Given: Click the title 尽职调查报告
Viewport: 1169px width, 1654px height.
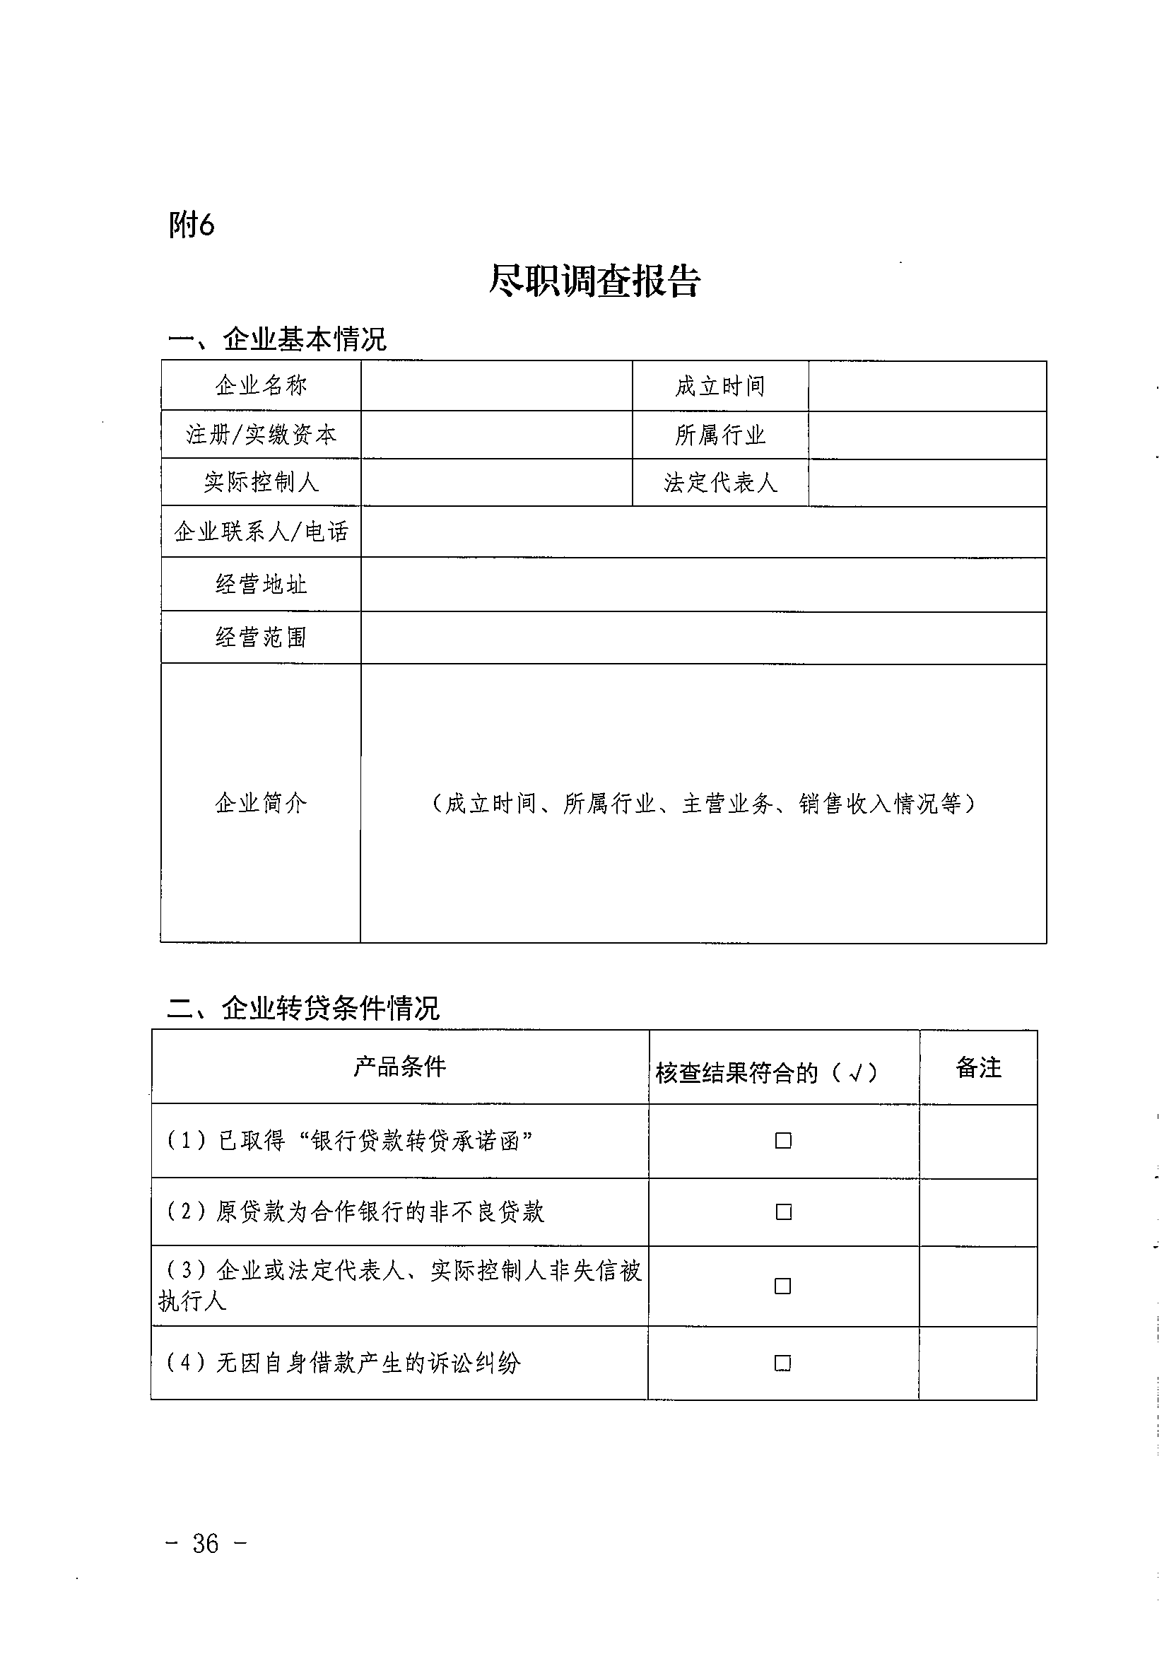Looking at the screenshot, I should [594, 281].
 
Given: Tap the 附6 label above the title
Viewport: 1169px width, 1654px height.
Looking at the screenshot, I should [192, 225].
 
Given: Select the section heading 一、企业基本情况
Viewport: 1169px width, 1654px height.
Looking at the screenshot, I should [277, 339].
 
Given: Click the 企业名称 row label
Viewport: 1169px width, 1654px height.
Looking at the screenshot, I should [261, 386].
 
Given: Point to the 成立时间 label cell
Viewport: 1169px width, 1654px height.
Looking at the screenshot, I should [719, 387].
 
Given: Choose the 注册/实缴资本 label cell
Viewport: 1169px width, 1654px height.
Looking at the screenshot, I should [261, 435].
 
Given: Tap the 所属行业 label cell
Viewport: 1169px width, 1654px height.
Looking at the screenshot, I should [719, 435].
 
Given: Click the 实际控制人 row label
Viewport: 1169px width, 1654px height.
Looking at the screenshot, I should [261, 482].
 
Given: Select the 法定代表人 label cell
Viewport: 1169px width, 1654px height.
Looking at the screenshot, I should [719, 483].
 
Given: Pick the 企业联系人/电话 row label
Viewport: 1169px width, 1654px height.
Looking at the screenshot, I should [261, 532].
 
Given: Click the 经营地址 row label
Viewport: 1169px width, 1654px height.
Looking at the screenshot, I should [261, 585].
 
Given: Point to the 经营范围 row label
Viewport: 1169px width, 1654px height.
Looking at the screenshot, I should [261, 638].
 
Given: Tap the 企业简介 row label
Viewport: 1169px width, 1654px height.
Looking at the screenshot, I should [261, 802].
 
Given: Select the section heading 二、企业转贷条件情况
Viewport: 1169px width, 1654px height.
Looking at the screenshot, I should [303, 1008].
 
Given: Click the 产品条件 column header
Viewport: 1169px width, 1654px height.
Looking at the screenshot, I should [400, 1067].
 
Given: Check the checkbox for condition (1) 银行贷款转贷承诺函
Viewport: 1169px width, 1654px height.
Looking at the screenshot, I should [783, 1140].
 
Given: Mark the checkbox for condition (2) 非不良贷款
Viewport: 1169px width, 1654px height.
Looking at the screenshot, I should [783, 1212].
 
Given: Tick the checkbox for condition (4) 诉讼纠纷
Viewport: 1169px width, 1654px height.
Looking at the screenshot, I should [782, 1363].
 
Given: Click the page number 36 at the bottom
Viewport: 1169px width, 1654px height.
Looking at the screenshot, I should [205, 1543].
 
